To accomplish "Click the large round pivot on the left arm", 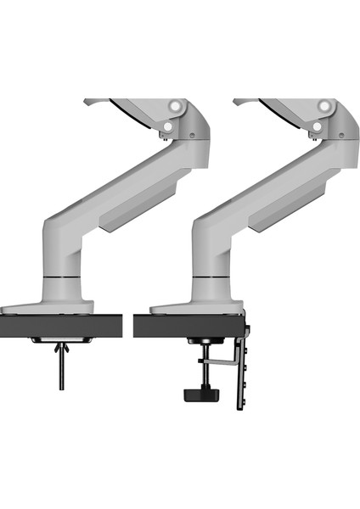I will tap(177, 106).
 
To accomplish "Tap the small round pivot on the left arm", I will tap(167, 126).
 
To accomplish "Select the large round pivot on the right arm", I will tap(326, 106).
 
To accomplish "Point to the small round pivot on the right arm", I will tap(317, 126).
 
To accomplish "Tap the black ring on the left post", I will tap(64, 277).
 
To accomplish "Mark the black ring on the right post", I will tap(213, 277).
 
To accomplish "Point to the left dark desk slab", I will tap(59, 326).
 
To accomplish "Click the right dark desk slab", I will tap(187, 326).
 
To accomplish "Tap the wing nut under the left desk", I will tap(62, 349).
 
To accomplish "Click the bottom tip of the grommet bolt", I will tap(62, 388).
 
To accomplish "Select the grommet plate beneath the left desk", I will tap(62, 339).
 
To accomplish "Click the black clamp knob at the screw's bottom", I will tap(196, 394).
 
